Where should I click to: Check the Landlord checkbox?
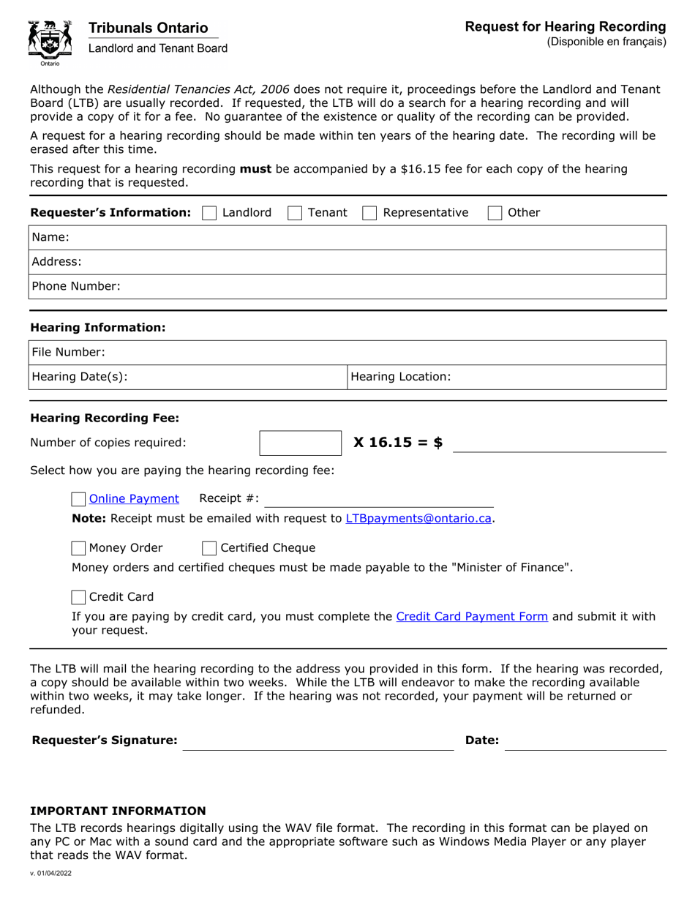coord(209,213)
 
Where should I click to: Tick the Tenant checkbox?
coord(296,213)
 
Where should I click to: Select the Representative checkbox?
coord(370,213)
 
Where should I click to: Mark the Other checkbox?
coord(495,213)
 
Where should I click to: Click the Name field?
coord(366,237)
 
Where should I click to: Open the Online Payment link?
coord(134,498)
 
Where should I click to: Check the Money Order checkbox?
coord(79,548)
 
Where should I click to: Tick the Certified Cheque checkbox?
coord(209,548)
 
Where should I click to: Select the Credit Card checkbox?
coord(79,596)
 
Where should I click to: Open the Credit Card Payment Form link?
coord(472,616)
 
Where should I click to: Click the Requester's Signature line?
coord(318,740)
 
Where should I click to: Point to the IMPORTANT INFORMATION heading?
coord(118,811)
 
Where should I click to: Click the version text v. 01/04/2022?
coord(50,873)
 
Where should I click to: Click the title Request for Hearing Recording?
coord(566,27)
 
